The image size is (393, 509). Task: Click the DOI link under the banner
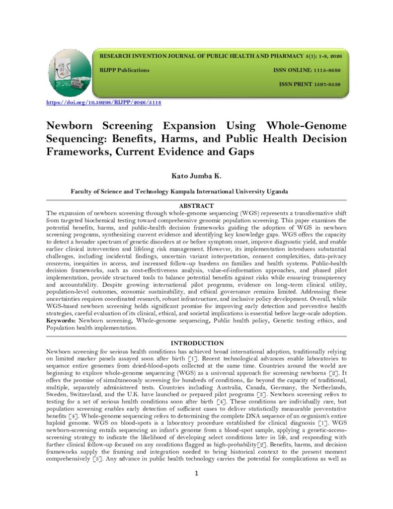(x=103, y=103)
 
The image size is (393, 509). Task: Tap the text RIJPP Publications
(x=125, y=70)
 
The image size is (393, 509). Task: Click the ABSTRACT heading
(x=196, y=206)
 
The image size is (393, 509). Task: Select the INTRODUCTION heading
(x=196, y=343)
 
